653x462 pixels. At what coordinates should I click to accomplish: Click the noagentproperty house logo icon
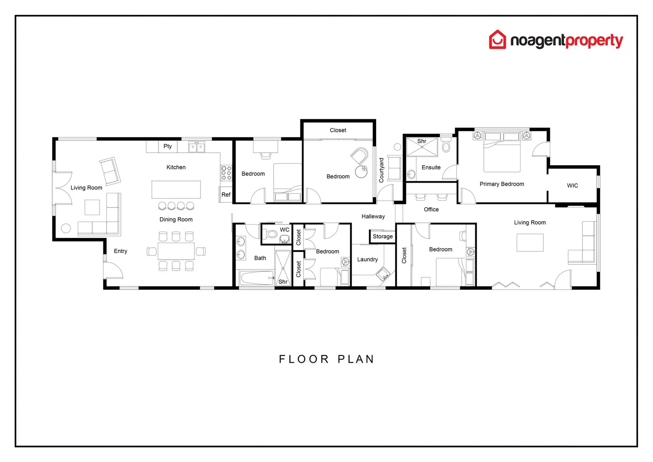click(x=497, y=39)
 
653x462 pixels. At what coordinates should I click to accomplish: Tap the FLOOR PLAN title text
click(x=326, y=359)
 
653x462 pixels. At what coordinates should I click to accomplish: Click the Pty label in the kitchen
click(x=168, y=146)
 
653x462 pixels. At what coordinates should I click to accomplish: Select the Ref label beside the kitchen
click(x=226, y=195)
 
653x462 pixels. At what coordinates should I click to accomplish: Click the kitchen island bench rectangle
click(x=176, y=190)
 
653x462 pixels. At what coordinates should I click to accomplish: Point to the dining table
click(x=176, y=251)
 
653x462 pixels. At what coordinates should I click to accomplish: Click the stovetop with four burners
click(x=226, y=172)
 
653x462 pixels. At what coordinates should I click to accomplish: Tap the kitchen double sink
click(x=197, y=148)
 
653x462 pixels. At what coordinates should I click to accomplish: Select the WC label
click(x=285, y=230)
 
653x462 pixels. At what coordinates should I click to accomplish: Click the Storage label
click(x=382, y=237)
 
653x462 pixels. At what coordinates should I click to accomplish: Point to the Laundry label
click(x=368, y=259)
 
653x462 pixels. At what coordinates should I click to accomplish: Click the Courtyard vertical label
click(x=382, y=170)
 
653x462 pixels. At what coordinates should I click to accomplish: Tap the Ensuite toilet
click(x=446, y=146)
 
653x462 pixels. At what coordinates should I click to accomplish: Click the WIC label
click(x=572, y=186)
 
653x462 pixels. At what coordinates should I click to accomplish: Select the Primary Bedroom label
click(x=502, y=184)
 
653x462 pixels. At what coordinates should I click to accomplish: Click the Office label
click(x=431, y=209)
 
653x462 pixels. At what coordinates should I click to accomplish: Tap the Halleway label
click(x=373, y=216)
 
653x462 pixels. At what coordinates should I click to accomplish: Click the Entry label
click(x=121, y=251)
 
